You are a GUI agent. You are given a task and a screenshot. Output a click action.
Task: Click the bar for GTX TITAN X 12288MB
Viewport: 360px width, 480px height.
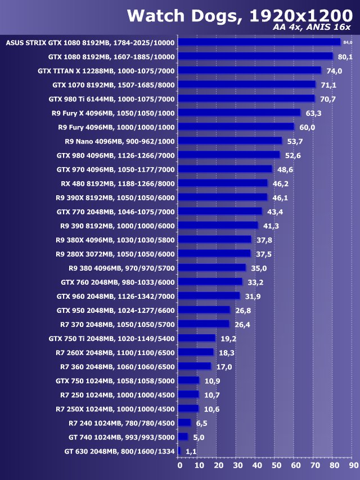pos(250,70)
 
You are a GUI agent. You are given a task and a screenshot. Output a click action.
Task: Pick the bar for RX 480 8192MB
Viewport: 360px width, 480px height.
pos(223,183)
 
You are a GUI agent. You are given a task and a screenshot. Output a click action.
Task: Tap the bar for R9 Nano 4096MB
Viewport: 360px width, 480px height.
pos(230,141)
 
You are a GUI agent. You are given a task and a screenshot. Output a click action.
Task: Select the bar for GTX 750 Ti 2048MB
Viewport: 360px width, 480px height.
pos(197,338)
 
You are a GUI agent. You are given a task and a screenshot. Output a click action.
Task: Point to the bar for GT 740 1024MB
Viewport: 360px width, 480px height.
pos(183,437)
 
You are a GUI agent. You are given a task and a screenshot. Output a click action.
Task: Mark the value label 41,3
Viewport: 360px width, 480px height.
pos(271,226)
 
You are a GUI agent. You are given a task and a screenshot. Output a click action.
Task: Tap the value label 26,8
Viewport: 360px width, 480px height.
pos(243,310)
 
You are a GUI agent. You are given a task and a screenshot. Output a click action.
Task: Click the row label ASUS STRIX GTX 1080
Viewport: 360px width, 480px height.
pos(90,42)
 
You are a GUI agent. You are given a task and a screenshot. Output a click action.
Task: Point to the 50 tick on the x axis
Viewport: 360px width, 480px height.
pos(276,465)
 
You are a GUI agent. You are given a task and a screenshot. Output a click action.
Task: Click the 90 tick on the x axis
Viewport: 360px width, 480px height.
pos(353,465)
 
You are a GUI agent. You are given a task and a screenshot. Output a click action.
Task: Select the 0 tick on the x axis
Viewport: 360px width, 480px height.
pos(179,465)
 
